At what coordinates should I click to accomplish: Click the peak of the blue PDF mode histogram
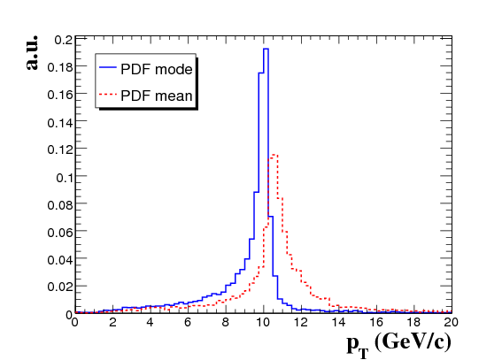(266, 49)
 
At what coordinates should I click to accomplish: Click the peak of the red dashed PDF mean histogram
(273, 155)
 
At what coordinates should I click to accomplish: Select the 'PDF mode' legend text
(157, 69)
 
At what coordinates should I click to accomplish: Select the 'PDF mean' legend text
(157, 96)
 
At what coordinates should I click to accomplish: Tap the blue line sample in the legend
(108, 67)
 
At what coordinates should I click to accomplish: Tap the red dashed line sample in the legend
(108, 94)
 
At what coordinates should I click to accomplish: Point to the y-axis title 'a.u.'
(32, 52)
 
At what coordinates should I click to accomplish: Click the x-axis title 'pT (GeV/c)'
(399, 344)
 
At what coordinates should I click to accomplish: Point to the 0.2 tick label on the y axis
(64, 40)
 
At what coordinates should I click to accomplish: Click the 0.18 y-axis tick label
(60, 67)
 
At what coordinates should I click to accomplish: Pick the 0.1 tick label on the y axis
(65, 178)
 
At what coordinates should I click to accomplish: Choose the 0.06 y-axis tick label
(60, 233)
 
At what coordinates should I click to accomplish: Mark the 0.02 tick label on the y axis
(60, 287)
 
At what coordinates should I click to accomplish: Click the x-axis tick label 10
(263, 322)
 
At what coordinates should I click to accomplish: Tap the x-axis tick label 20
(451, 322)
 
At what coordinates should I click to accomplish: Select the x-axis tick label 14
(338, 322)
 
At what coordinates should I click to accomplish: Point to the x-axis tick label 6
(188, 322)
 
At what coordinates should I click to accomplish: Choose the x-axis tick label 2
(112, 322)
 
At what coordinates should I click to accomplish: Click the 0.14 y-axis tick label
(60, 122)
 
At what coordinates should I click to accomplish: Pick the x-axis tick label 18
(413, 322)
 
